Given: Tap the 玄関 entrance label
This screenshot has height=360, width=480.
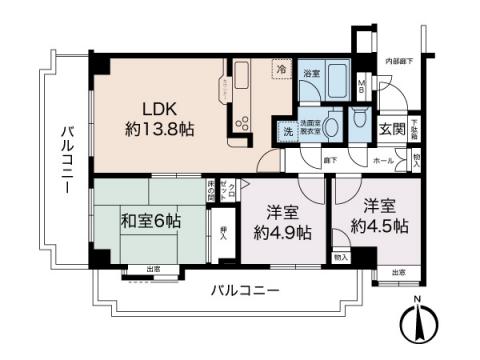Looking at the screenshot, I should (x=391, y=128).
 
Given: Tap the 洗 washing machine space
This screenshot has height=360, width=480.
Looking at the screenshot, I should (x=286, y=132).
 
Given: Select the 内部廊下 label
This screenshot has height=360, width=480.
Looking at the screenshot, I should (x=399, y=61).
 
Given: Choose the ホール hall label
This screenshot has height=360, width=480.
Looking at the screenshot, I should (x=383, y=160).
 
